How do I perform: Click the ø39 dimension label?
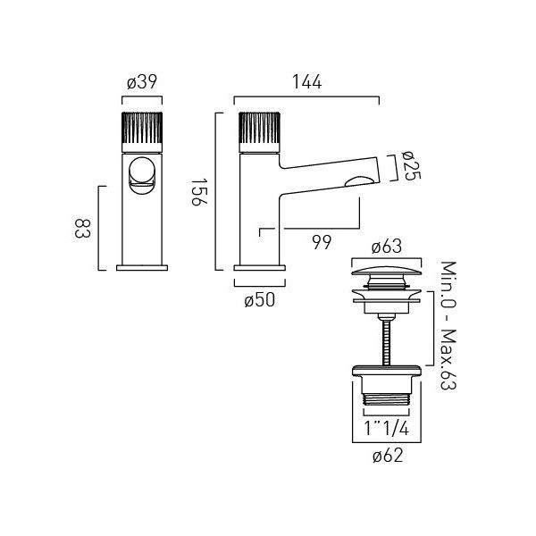coord(142,82)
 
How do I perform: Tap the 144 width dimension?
coord(306,82)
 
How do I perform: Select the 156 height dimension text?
coord(198,192)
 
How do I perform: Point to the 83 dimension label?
coord(82,229)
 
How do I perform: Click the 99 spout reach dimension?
coord(322,243)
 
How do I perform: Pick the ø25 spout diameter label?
coord(411,166)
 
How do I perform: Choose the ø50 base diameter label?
coord(260,300)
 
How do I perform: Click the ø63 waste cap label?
coord(387,247)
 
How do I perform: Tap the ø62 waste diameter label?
coord(388,456)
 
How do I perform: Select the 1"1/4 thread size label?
coord(386,428)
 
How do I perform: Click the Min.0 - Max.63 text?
coord(448,325)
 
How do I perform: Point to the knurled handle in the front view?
coord(142,131)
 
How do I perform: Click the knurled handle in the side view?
coord(260,131)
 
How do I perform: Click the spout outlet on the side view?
coord(358,182)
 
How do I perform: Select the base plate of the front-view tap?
coord(142,268)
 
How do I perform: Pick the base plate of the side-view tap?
coord(260,268)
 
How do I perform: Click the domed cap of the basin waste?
coord(386,271)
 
